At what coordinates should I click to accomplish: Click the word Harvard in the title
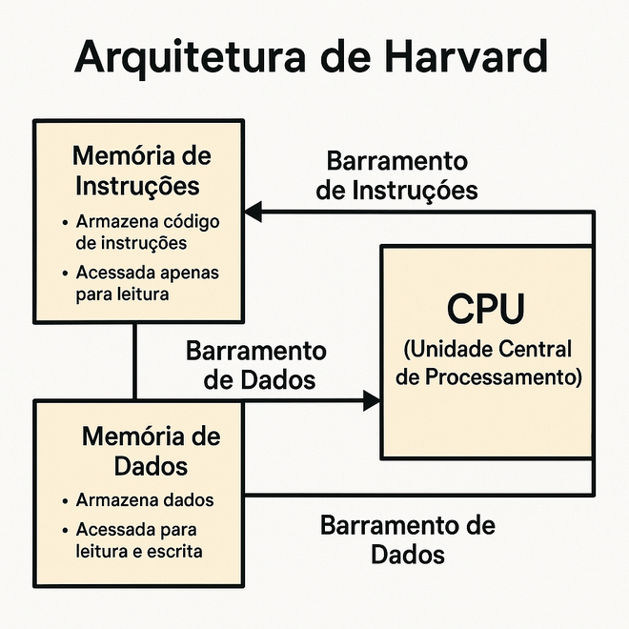click(x=466, y=56)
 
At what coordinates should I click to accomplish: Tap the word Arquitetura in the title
click(x=190, y=57)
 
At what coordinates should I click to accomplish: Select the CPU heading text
click(x=486, y=309)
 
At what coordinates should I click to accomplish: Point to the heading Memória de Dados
click(x=151, y=451)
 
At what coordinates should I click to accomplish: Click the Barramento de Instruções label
click(x=396, y=175)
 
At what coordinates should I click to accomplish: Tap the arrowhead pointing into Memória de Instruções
click(x=254, y=212)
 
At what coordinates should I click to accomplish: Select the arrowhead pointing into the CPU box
click(x=372, y=400)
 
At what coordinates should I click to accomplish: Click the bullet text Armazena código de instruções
click(x=147, y=233)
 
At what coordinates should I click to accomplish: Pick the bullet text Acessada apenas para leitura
click(x=147, y=283)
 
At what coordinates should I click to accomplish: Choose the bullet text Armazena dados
click(x=145, y=499)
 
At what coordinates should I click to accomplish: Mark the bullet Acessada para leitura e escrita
click(x=139, y=540)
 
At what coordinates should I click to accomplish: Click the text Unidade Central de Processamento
click(x=488, y=363)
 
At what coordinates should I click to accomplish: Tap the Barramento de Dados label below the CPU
click(x=408, y=540)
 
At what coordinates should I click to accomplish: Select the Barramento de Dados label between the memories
click(x=256, y=365)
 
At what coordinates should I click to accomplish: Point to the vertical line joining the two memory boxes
click(x=134, y=361)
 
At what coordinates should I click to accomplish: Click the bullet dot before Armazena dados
click(x=65, y=501)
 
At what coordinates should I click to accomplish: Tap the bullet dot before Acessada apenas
click(x=65, y=274)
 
